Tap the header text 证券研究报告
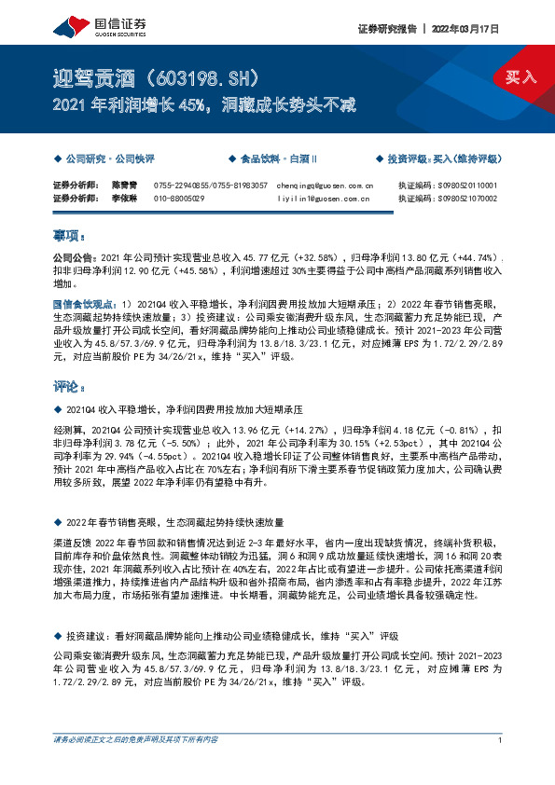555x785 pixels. click(x=387, y=29)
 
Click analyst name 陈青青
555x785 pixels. click(x=124, y=186)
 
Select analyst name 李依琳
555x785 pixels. click(x=124, y=198)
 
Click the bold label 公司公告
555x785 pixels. click(x=73, y=255)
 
